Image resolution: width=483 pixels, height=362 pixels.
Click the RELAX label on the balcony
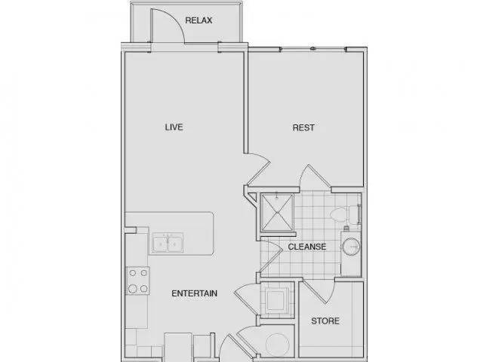pyautogui.click(x=198, y=20)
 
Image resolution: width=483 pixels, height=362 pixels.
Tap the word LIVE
pyautogui.click(x=174, y=127)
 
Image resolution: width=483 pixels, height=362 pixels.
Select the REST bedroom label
pyautogui.click(x=303, y=127)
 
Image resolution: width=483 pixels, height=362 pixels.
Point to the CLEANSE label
pyautogui.click(x=307, y=247)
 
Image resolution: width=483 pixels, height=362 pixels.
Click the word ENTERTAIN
pyautogui.click(x=195, y=293)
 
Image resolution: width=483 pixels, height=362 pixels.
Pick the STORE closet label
pyautogui.click(x=325, y=321)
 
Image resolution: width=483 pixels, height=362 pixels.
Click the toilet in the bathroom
pyautogui.click(x=344, y=214)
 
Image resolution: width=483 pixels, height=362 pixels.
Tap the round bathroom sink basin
pyautogui.click(x=351, y=247)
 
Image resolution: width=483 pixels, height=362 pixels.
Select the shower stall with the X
pyautogui.click(x=277, y=213)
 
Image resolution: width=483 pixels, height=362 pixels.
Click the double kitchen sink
pyautogui.click(x=168, y=243)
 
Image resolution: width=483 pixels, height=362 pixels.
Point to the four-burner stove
pyautogui.click(x=138, y=281)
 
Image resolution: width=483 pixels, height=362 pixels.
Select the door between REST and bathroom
pyautogui.click(x=314, y=176)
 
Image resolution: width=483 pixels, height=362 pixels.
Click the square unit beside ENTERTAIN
pyautogui.click(x=275, y=300)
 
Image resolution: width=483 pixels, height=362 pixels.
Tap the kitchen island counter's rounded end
pyautogui.click(x=211, y=233)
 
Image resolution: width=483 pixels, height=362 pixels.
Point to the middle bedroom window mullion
pyautogui.click(x=313, y=48)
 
